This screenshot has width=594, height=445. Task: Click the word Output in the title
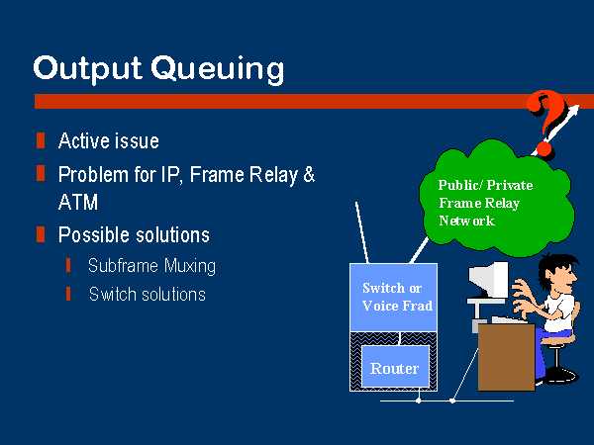tap(87, 68)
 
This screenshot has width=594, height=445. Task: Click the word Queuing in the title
tap(218, 69)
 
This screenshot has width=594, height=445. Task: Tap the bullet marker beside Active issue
tap(41, 140)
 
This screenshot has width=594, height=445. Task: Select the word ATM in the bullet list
tap(78, 202)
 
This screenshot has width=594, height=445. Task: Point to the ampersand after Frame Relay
tap(309, 174)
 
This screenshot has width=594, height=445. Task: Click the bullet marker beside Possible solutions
tap(41, 234)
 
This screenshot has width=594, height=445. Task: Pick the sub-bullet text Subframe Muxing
tap(151, 265)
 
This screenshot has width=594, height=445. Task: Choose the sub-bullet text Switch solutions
tap(148, 294)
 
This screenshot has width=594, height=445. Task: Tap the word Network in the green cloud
tap(466, 221)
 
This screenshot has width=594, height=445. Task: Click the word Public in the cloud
tap(458, 185)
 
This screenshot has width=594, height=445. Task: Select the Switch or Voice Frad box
tap(394, 298)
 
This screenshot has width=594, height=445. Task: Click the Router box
tap(395, 366)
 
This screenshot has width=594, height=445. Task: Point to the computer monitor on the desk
tap(489, 281)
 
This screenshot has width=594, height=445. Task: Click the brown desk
tap(506, 357)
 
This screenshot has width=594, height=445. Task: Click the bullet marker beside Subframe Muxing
tap(68, 265)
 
